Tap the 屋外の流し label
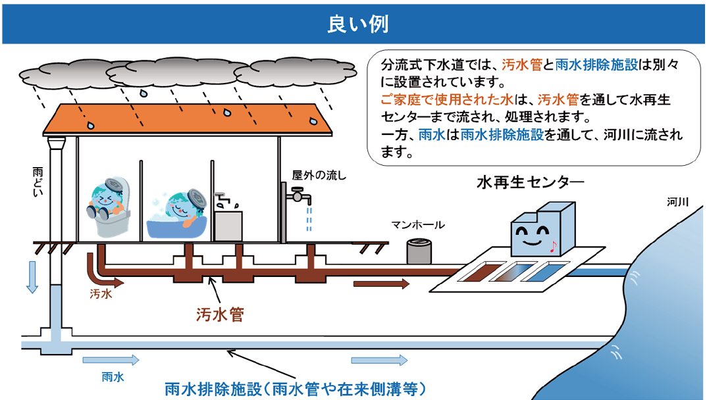[x=319, y=175]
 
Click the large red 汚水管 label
[x=220, y=314]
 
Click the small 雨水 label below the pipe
[x=113, y=377]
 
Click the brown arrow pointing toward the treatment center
[x=381, y=284]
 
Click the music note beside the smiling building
[x=553, y=247]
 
